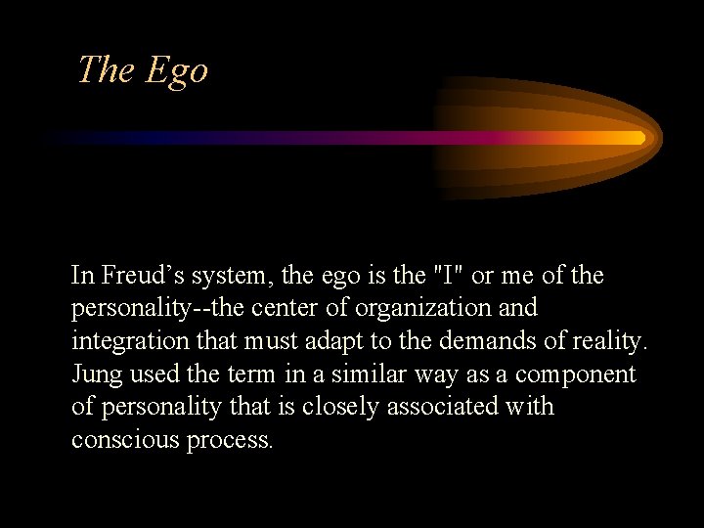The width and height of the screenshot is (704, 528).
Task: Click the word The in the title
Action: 108,69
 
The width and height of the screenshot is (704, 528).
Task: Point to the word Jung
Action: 95,374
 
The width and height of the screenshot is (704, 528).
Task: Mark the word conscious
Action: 123,440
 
